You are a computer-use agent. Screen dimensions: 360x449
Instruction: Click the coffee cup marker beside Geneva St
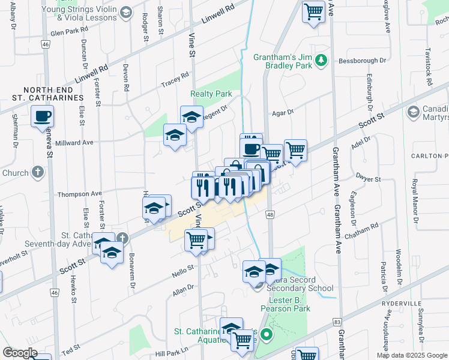click(x=42, y=116)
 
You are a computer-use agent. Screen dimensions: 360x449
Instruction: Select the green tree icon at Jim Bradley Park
click(x=321, y=59)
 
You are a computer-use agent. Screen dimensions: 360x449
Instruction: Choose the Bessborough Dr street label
click(x=361, y=61)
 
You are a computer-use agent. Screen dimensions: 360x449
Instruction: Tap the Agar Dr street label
click(x=282, y=112)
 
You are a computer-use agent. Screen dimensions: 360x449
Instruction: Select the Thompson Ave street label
click(x=80, y=194)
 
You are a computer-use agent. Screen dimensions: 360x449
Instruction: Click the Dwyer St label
click(x=369, y=179)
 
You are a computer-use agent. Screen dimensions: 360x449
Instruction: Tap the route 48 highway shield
click(x=270, y=214)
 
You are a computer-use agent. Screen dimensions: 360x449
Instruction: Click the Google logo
click(x=20, y=353)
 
